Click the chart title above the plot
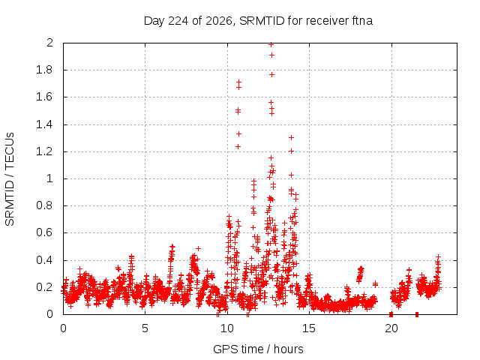pos(258,21)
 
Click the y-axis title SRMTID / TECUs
pos(10,179)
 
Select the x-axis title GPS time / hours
pos(258,349)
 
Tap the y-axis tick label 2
pos(50,43)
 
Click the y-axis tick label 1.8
pos(45,70)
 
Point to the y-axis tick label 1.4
pos(45,124)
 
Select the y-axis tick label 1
pos(50,178)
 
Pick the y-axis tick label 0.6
pos(45,232)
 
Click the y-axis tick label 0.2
pos(45,287)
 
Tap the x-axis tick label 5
pos(145,328)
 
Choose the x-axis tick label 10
pos(227,328)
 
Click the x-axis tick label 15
pos(309,328)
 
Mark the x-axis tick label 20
pos(391,328)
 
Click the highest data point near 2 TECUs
pos(271,45)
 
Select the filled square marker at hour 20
pos(391,314)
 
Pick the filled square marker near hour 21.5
pos(417,314)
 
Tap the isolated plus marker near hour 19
pos(375,284)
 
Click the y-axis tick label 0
pos(50,314)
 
